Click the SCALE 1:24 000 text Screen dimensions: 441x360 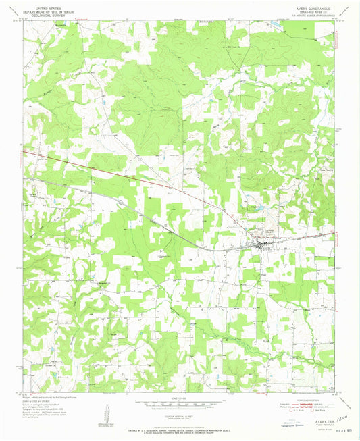click(180, 398)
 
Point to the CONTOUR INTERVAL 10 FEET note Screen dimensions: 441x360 click(180, 411)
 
